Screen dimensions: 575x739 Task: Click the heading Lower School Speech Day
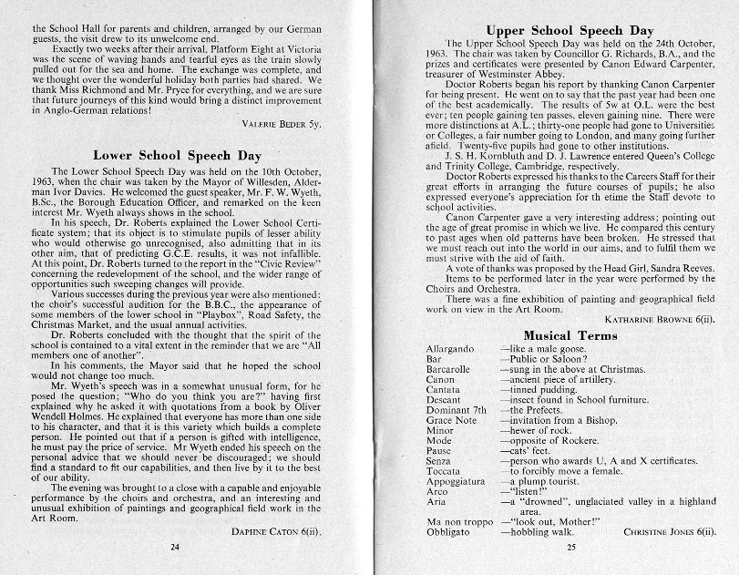(x=177, y=156)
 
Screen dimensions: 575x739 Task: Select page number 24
(x=176, y=547)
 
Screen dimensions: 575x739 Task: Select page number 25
(x=571, y=547)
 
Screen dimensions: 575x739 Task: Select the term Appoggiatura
(x=457, y=480)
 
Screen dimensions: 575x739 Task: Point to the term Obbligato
(x=450, y=531)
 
